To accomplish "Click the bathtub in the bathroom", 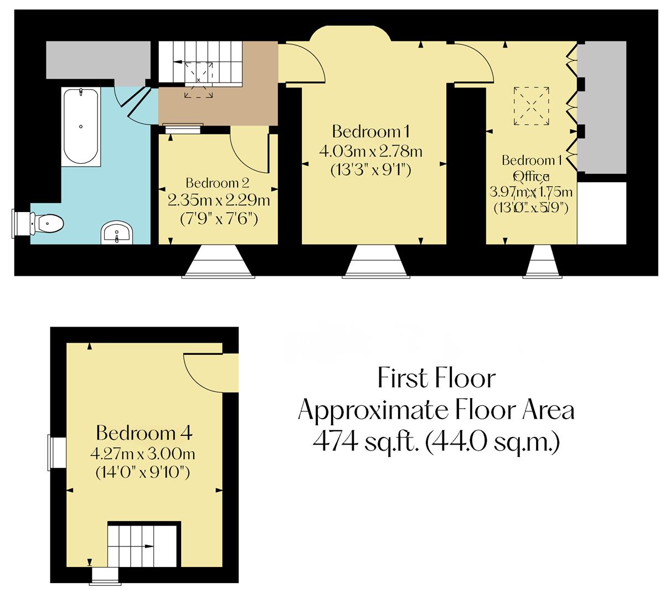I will click(x=81, y=126).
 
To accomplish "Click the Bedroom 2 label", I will click(x=218, y=183).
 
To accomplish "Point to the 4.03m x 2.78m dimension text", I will click(x=370, y=151).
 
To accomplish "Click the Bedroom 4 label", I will click(x=144, y=432).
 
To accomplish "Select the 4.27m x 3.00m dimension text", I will click(x=142, y=455).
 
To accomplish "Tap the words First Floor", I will click(x=436, y=379).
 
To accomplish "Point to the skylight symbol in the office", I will click(x=532, y=106).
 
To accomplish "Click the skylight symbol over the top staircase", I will click(x=198, y=80).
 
